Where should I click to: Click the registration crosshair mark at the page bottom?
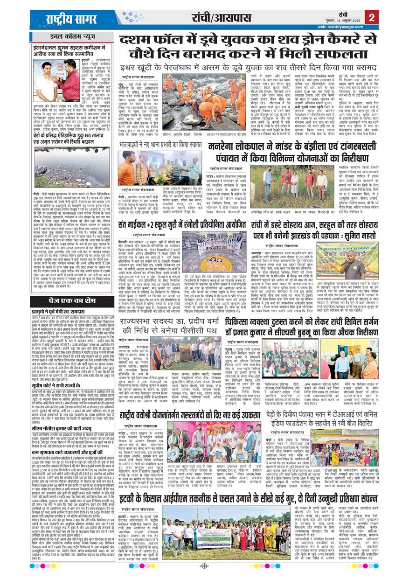pos(204,566)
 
